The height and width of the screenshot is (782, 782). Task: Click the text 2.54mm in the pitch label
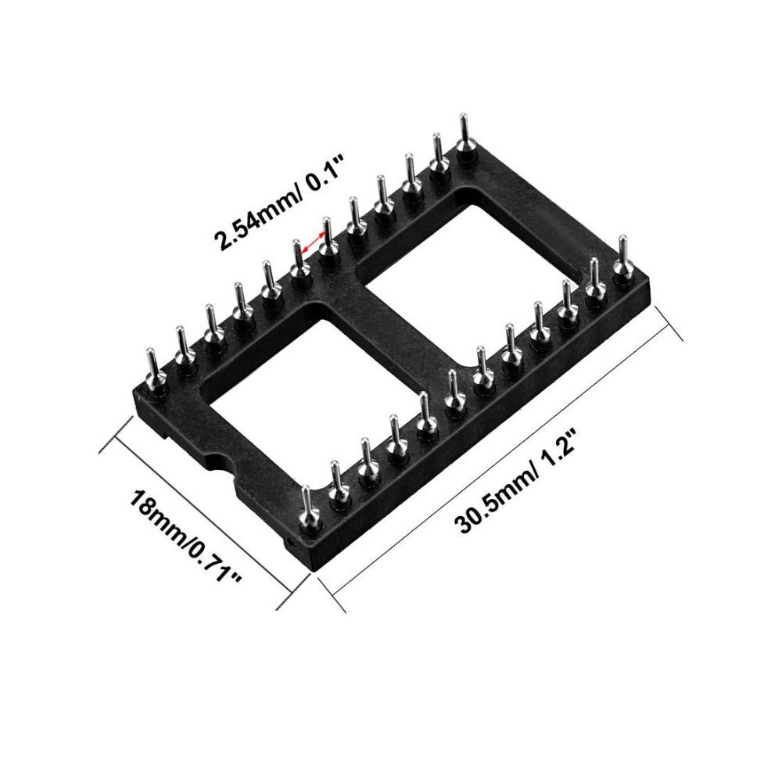click(x=249, y=223)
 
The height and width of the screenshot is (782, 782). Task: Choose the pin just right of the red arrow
click(x=328, y=239)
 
